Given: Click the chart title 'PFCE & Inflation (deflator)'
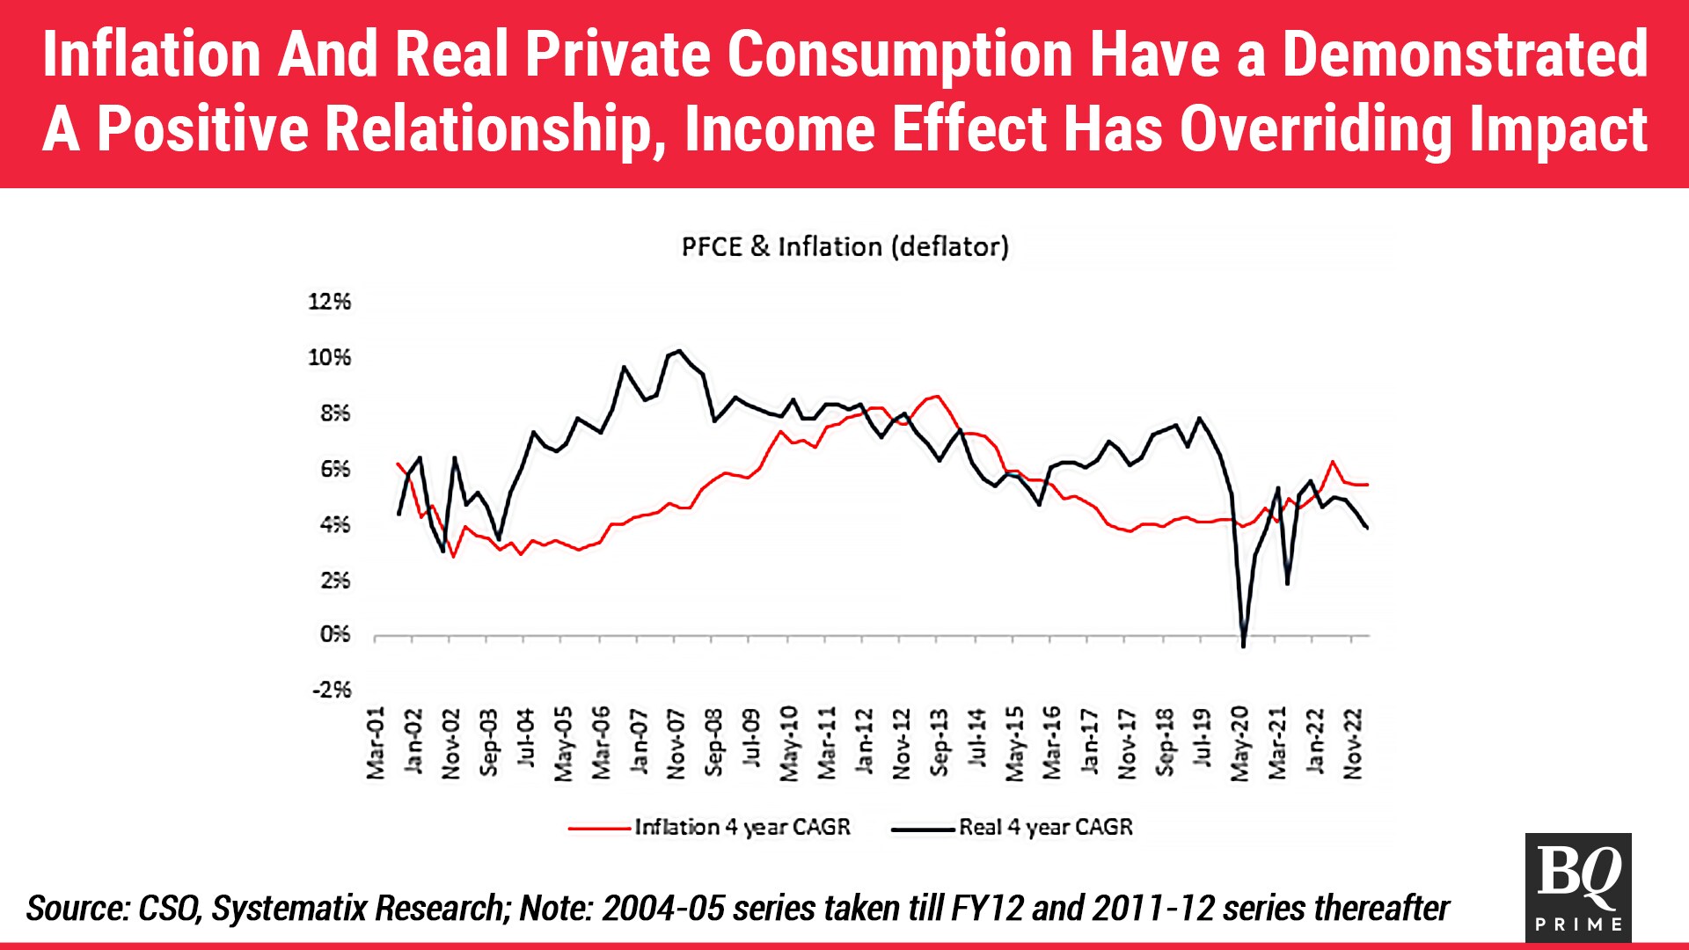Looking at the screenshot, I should pos(844,247).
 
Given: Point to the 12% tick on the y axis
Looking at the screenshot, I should pos(329,302).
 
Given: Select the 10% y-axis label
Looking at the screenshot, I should pos(329,357).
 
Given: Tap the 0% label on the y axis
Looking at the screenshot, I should pos(334,634).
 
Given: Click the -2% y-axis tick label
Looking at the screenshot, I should pos(331,690).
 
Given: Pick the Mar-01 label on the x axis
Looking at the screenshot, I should pos(376,742).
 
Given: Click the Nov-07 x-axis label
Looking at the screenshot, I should pos(676,742).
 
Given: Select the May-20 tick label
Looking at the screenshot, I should pos(1239,742).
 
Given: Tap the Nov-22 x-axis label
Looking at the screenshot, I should pos(1353,742).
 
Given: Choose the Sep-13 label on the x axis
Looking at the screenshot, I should pos(939,742).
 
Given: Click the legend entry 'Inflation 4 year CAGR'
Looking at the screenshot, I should pos(742,828).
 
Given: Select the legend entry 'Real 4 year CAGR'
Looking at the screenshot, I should pos(1045,828).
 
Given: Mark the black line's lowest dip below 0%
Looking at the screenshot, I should pos(1243,647).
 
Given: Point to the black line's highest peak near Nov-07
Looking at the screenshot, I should pos(678,350).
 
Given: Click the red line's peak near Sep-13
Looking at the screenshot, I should pos(938,396).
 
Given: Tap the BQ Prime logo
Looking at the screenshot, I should pos(1578,887).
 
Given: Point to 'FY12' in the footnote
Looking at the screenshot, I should pos(987,909).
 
